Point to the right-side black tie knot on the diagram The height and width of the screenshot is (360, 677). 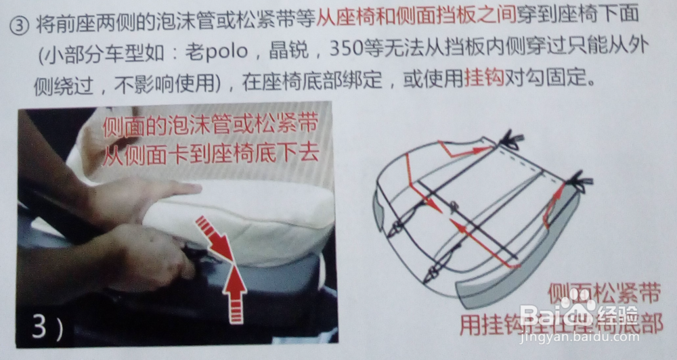580,181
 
